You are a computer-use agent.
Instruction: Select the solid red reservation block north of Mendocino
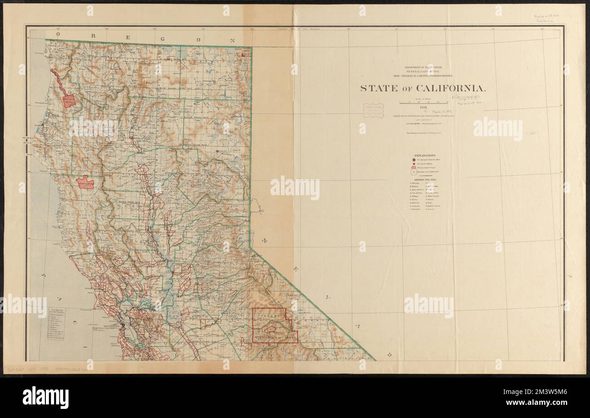point(85,183)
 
